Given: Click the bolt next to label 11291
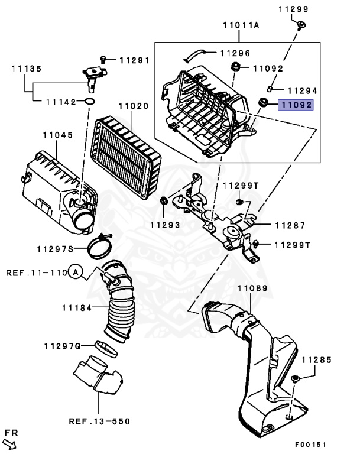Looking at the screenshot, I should pyautogui.click(x=105, y=59).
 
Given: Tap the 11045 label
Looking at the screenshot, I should pyautogui.click(x=57, y=135).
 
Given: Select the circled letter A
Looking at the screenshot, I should pyautogui.click(x=75, y=273).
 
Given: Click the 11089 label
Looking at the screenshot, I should pyautogui.click(x=252, y=289).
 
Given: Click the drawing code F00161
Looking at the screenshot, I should pyautogui.click(x=311, y=444).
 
